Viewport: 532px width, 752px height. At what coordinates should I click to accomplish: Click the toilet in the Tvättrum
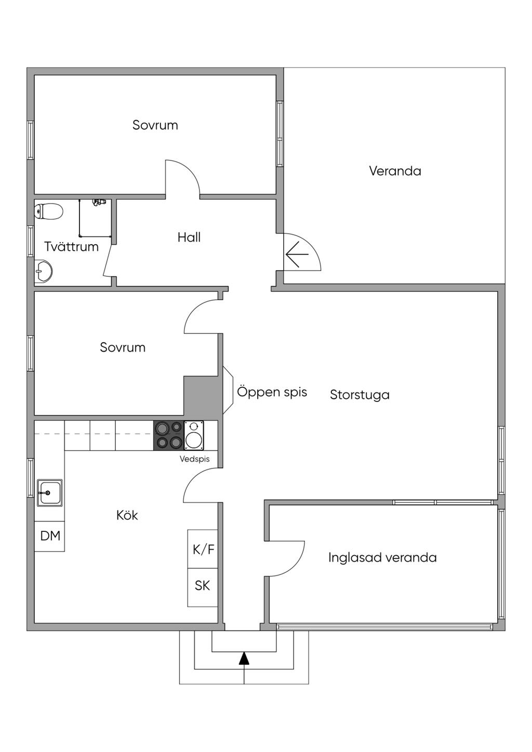pyautogui.click(x=49, y=211)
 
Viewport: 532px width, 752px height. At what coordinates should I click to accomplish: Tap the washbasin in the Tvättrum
pyautogui.click(x=43, y=271)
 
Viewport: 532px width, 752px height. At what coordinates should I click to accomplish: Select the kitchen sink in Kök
pyautogui.click(x=50, y=493)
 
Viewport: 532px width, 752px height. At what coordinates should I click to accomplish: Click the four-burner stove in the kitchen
pyautogui.click(x=169, y=435)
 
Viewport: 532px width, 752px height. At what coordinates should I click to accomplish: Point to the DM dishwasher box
pyautogui.click(x=50, y=536)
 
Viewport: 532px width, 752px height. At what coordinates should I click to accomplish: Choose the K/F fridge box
pyautogui.click(x=203, y=549)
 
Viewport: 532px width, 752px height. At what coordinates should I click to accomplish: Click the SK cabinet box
pyautogui.click(x=203, y=587)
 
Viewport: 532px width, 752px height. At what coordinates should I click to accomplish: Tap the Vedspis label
pyautogui.click(x=194, y=459)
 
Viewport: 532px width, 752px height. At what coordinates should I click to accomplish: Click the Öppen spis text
pyautogui.click(x=272, y=392)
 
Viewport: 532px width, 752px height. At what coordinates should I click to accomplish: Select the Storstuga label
pyautogui.click(x=360, y=395)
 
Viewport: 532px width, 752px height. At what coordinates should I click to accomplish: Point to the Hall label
pyautogui.click(x=189, y=237)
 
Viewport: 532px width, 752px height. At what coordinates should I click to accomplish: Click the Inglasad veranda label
pyautogui.click(x=382, y=558)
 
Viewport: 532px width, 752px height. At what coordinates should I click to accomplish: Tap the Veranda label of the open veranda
pyautogui.click(x=395, y=171)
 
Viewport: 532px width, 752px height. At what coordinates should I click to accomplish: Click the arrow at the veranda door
pyautogui.click(x=297, y=254)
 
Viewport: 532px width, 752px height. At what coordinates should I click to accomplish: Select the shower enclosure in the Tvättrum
pyautogui.click(x=95, y=218)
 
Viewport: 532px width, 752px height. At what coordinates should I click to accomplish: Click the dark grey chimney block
pyautogui.click(x=203, y=396)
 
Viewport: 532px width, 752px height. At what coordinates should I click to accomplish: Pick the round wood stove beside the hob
pyautogui.click(x=194, y=435)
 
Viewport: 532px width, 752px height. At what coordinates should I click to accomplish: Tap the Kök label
pyautogui.click(x=127, y=515)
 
